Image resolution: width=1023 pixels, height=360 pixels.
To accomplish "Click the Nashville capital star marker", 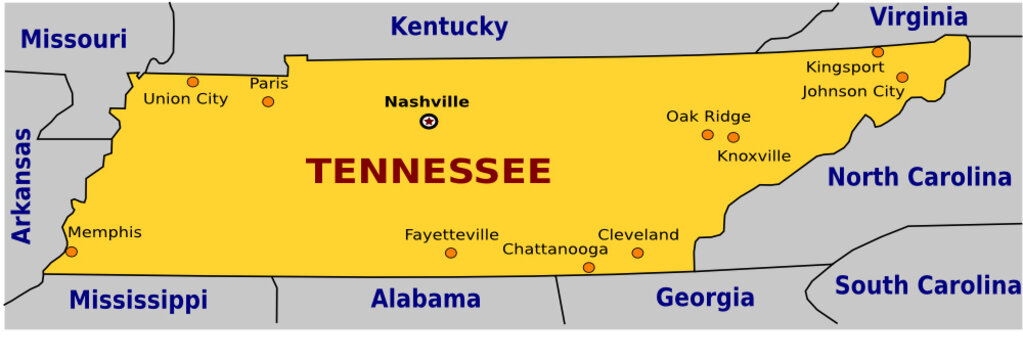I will (429, 122).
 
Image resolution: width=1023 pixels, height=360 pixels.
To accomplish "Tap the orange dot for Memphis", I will (71, 251).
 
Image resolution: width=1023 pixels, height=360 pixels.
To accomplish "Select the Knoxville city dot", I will (733, 137).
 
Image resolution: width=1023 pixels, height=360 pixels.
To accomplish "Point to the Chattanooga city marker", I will (589, 267).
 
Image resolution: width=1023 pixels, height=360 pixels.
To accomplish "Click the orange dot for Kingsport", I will (878, 52).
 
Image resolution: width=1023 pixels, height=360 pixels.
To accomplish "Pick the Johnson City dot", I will (902, 77).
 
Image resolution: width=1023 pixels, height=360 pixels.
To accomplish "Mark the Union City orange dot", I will (193, 82).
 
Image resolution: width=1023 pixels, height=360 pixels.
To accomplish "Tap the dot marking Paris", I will (268, 101).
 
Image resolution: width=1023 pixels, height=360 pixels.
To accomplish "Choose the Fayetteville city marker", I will (451, 253).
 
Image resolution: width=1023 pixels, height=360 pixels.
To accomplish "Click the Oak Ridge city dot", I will (708, 134).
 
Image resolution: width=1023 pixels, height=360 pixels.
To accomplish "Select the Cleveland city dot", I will (638, 253).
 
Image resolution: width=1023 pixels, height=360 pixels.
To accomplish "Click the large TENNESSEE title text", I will (429, 171).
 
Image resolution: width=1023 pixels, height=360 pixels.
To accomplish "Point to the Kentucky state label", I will (449, 26).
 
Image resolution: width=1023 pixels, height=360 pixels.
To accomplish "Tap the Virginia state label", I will (918, 17).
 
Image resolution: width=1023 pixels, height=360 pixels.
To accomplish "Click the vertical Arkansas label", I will (22, 185).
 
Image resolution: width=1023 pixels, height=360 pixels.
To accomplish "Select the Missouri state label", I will (74, 39).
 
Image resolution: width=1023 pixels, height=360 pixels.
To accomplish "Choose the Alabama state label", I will (425, 298).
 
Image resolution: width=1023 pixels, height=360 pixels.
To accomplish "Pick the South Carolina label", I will (927, 286).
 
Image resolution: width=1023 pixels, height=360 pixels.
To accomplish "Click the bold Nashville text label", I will (427, 101).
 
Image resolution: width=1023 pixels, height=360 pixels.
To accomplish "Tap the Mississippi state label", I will (138, 300).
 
